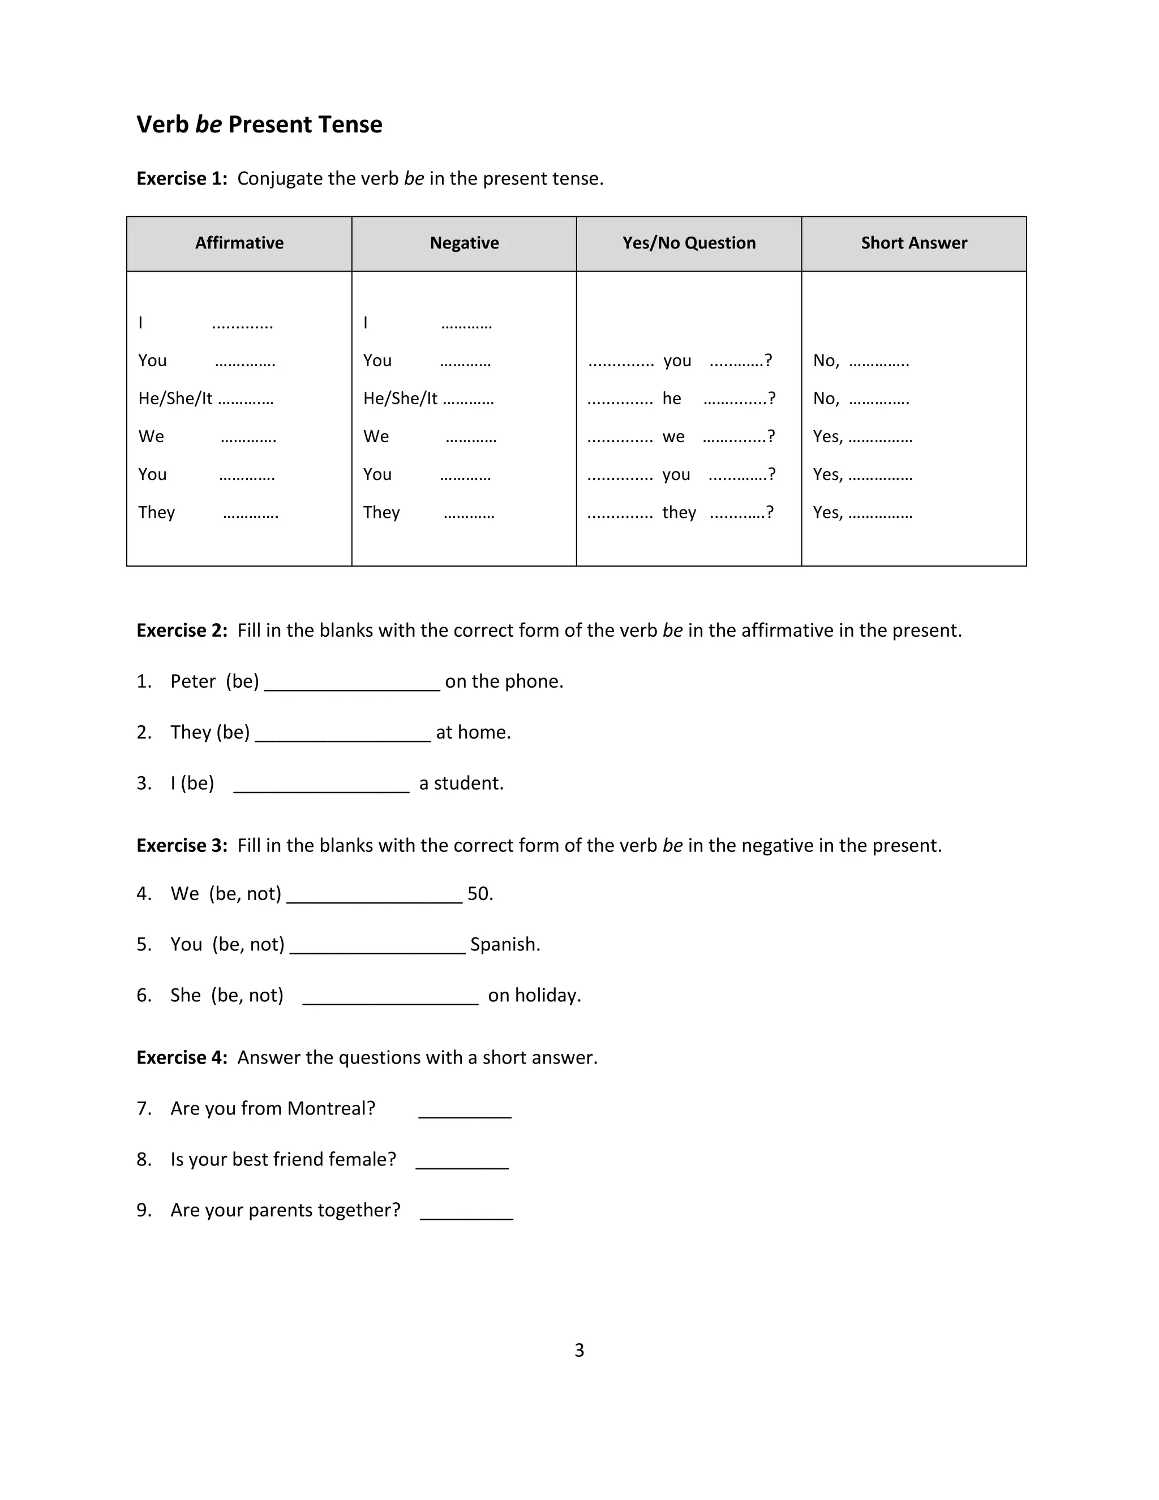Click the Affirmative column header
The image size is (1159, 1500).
pyautogui.click(x=239, y=243)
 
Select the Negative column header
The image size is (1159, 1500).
pyautogui.click(x=464, y=243)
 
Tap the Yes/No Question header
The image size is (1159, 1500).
pyautogui.click(x=689, y=243)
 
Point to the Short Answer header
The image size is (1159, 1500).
pyautogui.click(x=914, y=243)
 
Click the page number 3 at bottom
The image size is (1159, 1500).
pyautogui.click(x=579, y=1350)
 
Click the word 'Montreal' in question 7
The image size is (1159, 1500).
pyautogui.click(x=331, y=1108)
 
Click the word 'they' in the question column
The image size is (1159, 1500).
pyautogui.click(x=679, y=512)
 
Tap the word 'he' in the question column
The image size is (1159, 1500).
pyautogui.click(x=672, y=398)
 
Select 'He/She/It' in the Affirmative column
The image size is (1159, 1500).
pyautogui.click(x=175, y=398)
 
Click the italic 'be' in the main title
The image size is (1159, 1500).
pyautogui.click(x=208, y=125)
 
